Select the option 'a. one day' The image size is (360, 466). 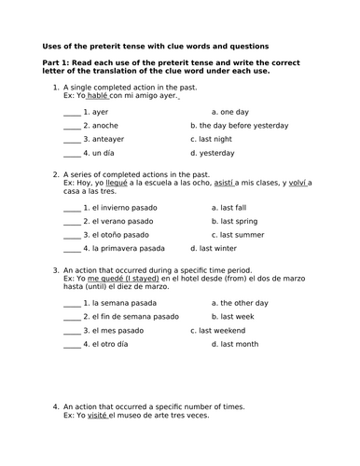228,110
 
